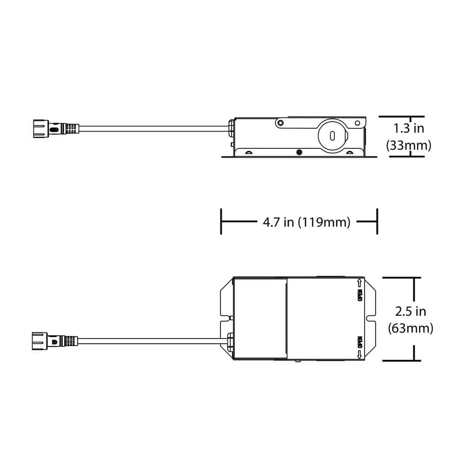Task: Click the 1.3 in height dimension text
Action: pos(409,128)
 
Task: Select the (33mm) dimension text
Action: pos(409,146)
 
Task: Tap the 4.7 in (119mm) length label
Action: pos(306,222)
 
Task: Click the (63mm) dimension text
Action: pos(410,328)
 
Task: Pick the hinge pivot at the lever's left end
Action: pos(280,123)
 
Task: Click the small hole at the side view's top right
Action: pos(357,123)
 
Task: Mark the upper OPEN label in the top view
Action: pos(359,296)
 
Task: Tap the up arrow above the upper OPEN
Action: pos(359,282)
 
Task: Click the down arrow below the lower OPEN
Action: pos(359,355)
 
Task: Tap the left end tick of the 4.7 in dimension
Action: pos(221,222)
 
